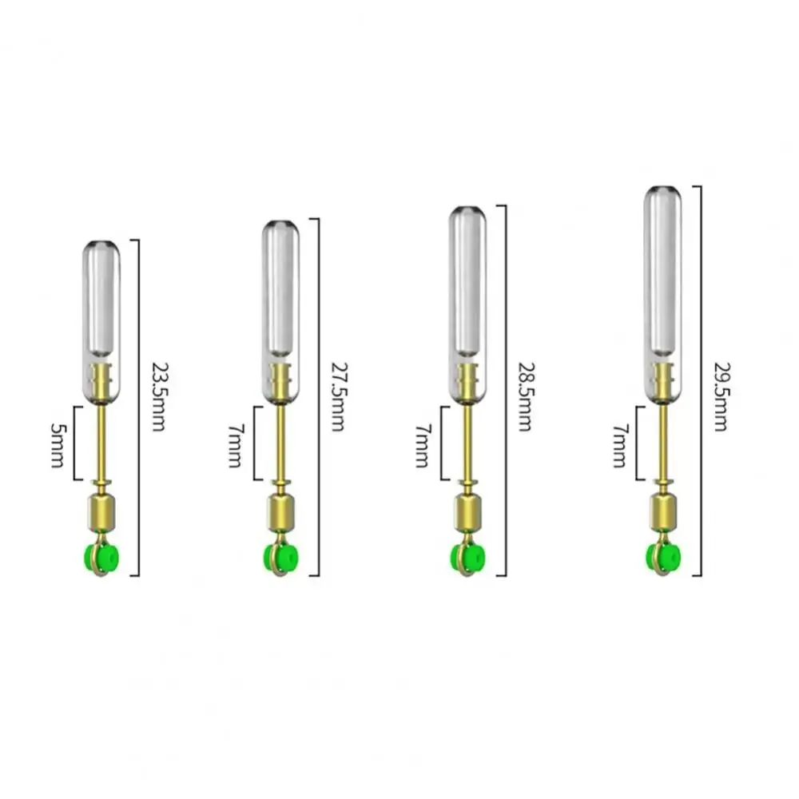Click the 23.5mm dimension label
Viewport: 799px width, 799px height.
coord(160,397)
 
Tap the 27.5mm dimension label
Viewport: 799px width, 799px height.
coord(338,397)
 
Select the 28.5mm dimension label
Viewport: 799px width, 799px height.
coord(525,397)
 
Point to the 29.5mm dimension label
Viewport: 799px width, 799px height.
coord(721,397)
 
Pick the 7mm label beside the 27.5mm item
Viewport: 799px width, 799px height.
coord(235,445)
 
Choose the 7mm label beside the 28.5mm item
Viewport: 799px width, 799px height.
coord(422,445)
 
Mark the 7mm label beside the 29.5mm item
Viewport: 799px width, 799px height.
coord(620,445)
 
